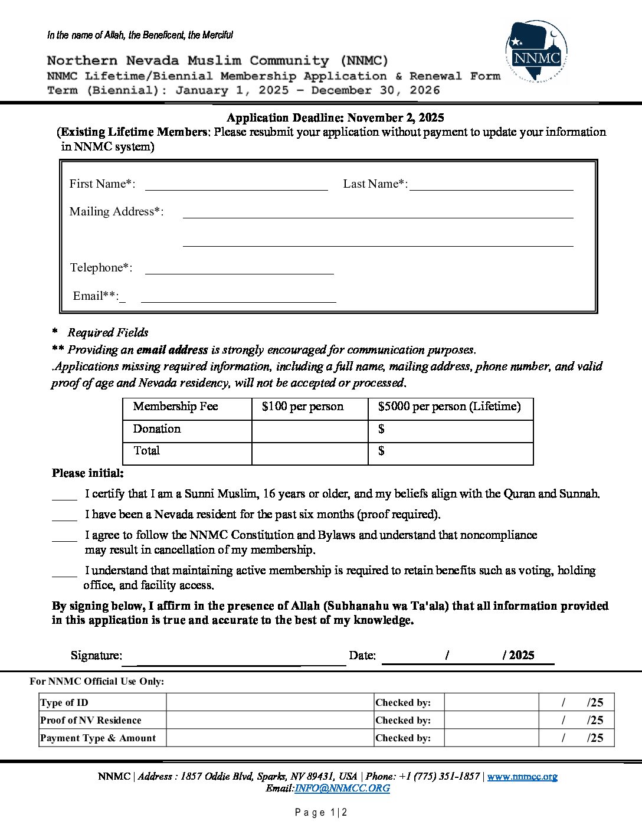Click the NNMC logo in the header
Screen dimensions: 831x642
click(x=536, y=53)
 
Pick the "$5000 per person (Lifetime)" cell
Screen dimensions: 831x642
click(x=450, y=407)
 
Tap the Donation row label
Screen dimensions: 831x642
click(x=157, y=429)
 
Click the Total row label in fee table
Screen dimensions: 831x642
click(x=147, y=451)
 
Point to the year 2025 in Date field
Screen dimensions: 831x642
click(x=522, y=655)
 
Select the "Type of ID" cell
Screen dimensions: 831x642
click(x=64, y=702)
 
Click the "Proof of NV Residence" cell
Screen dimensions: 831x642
click(x=91, y=720)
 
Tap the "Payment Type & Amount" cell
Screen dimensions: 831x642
click(x=98, y=738)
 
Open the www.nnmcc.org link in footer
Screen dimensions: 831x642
click(x=522, y=777)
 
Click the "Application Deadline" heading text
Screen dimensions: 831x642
click(x=335, y=118)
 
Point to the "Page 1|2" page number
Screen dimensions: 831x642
click(x=321, y=813)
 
